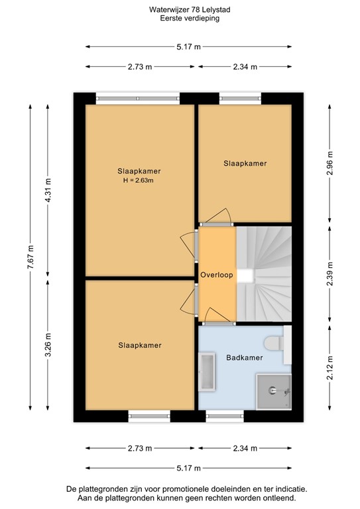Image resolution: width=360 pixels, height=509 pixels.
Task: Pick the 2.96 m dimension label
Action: point(330,163)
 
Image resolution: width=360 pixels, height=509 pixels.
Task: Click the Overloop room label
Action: point(216,275)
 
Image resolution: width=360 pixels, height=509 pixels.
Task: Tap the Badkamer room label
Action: point(244,357)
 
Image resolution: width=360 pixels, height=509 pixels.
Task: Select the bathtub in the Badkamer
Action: point(207,374)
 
